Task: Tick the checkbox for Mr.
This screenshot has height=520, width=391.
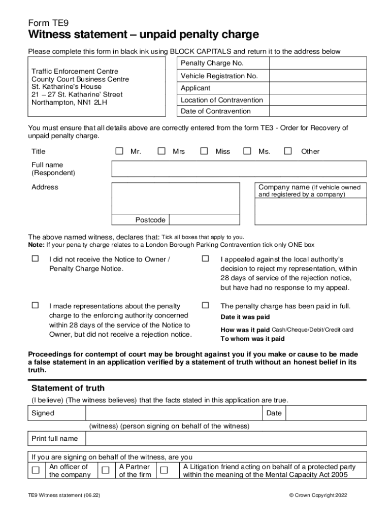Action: tap(119, 151)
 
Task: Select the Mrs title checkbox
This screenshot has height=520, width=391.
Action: tap(161, 151)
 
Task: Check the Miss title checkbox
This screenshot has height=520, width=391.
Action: tap(204, 151)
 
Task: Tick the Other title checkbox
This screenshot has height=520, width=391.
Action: tap(288, 151)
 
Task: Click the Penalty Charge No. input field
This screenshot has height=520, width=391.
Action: tap(317, 63)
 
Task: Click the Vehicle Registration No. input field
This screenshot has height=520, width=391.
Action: tap(317, 76)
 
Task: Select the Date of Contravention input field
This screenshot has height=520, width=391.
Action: tap(317, 111)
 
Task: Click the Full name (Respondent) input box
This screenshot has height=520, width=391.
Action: tap(239, 169)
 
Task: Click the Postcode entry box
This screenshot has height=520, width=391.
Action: tap(204, 220)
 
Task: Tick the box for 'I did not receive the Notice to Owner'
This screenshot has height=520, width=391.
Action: tap(35, 259)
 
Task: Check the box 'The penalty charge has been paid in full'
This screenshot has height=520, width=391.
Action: tap(205, 306)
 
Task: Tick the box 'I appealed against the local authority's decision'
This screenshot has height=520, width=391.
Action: tap(205, 259)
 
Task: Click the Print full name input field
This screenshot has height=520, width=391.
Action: tap(226, 438)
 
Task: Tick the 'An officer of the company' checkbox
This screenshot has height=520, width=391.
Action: tap(36, 470)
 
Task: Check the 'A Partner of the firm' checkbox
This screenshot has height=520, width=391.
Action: tap(105, 470)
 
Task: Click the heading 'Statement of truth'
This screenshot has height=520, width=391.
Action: tap(68, 388)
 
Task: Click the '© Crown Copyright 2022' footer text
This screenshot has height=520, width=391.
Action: tap(318, 495)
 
